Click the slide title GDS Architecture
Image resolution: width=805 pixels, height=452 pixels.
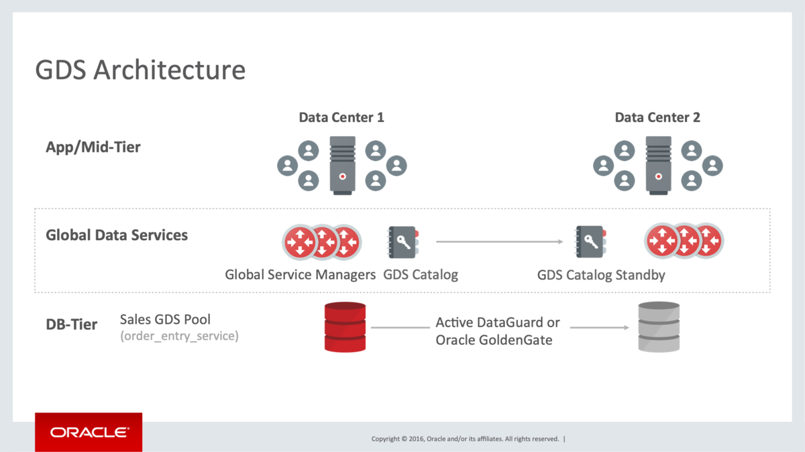coord(140,70)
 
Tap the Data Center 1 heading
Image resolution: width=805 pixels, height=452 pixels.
coord(341,117)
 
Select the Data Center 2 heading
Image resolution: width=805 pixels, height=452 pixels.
coord(657,117)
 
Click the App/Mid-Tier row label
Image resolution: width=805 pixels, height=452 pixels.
coord(93,148)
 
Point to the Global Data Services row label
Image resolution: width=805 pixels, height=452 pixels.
coord(117,235)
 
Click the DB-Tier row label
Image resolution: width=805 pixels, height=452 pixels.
coord(72,324)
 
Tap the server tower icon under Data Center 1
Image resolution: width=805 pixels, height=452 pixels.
coord(343,165)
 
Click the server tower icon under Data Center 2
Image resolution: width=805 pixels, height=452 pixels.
coord(658,165)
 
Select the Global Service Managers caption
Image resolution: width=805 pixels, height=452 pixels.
coord(300,275)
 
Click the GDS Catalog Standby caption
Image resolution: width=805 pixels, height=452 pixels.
coord(601,275)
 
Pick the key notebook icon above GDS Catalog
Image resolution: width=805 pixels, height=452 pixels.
coord(402,242)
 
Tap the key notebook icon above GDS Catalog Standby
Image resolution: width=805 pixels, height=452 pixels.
coord(590,241)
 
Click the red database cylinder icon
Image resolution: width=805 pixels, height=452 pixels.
coord(345,327)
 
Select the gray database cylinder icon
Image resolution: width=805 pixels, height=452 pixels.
coord(659,327)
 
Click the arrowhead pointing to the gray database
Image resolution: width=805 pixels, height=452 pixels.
coord(627,327)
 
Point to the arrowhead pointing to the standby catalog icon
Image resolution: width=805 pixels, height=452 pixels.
coord(560,241)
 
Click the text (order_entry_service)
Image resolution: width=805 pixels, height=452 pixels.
coord(179,336)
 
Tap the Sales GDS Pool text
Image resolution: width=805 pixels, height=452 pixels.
coord(165,319)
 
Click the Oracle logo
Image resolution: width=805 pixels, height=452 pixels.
coord(89,433)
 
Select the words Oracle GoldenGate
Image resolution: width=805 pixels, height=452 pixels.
coord(494,340)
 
